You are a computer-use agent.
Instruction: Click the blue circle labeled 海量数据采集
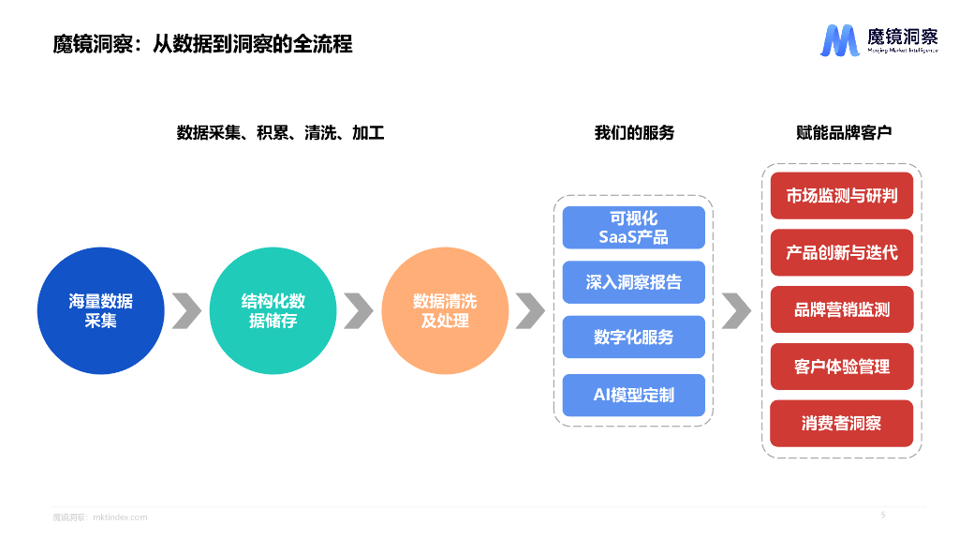click(100, 310)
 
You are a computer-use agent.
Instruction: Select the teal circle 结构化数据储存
click(273, 310)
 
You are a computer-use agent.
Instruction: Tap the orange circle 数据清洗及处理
click(445, 310)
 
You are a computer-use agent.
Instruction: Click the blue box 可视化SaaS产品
click(633, 228)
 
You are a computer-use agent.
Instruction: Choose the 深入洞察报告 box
click(633, 282)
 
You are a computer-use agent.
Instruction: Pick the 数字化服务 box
click(633, 337)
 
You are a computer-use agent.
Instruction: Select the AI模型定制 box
click(633, 395)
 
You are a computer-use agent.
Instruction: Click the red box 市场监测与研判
click(841, 196)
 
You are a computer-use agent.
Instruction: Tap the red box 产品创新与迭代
click(841, 252)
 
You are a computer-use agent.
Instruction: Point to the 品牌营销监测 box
click(841, 309)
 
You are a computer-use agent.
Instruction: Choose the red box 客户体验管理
click(841, 367)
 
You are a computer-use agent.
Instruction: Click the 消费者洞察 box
click(841, 424)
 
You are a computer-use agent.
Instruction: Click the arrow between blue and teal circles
click(186, 310)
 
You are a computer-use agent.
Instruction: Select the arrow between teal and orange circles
click(359, 310)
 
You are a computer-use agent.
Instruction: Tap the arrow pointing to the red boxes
click(737, 310)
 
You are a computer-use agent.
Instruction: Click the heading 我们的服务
click(634, 133)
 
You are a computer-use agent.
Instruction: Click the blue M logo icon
click(839, 41)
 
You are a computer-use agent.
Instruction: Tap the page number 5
click(883, 514)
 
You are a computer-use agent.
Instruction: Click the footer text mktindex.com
click(121, 517)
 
